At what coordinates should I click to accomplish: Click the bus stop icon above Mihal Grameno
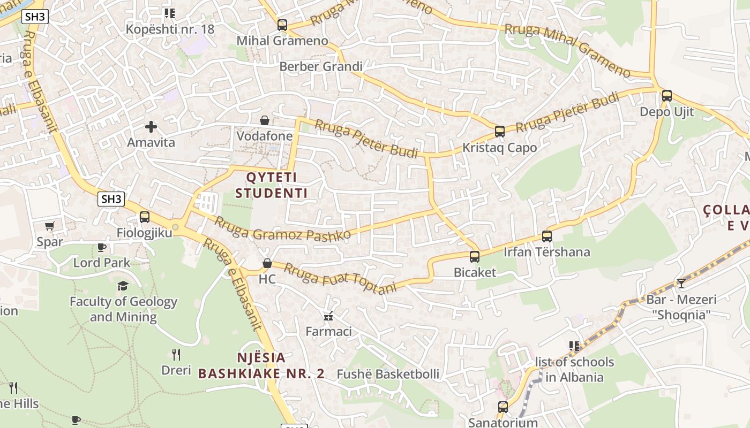(x=282, y=25)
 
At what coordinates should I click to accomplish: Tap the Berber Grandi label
(x=321, y=67)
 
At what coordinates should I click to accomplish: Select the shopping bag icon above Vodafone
(x=265, y=120)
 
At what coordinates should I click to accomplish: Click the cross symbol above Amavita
(x=151, y=127)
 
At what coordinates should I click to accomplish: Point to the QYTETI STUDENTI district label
(x=271, y=185)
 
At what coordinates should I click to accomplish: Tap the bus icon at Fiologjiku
(x=145, y=217)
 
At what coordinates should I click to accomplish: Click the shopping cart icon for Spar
(x=50, y=226)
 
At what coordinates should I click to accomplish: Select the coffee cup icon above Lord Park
(x=102, y=247)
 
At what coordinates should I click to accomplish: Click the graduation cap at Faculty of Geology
(x=123, y=286)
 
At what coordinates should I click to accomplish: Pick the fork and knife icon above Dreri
(x=176, y=354)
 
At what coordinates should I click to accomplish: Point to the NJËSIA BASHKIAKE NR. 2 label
(x=261, y=365)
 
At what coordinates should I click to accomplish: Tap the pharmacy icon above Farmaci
(x=328, y=316)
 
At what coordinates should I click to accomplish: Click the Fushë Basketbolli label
(x=388, y=374)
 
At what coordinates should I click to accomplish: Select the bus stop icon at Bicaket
(x=475, y=257)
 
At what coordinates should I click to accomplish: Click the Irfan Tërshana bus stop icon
(x=547, y=236)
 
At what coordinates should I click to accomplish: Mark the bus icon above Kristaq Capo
(x=500, y=132)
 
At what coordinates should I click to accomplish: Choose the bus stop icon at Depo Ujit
(x=667, y=96)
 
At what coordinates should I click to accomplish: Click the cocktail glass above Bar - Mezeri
(x=681, y=284)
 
